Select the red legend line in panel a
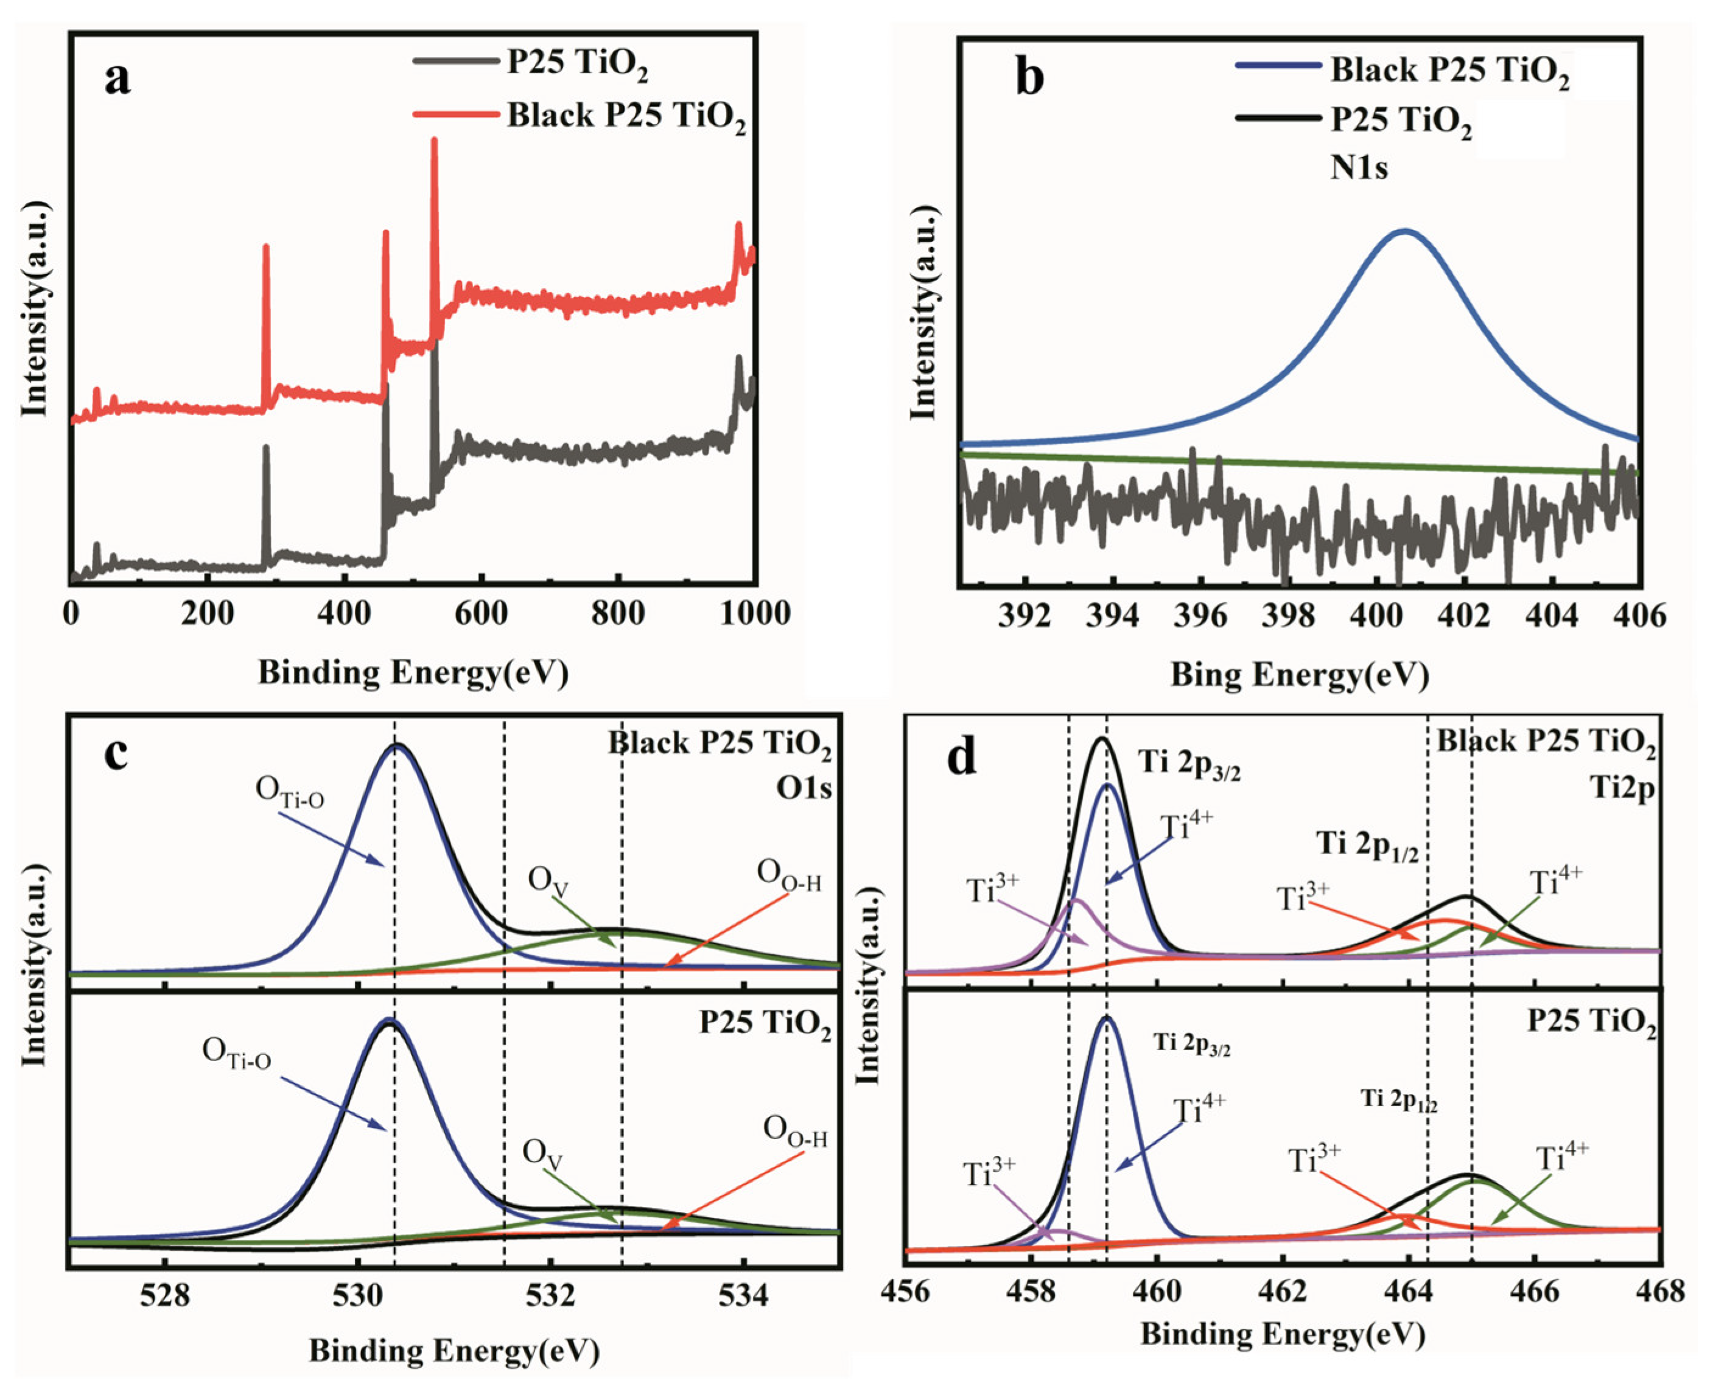pyautogui.click(x=455, y=114)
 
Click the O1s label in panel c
pyautogui.click(x=803, y=789)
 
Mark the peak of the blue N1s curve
pyautogui.click(x=1404, y=231)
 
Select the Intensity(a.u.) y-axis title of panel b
pyautogui.click(x=925, y=312)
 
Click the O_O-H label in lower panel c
pyautogui.click(x=795, y=1132)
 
